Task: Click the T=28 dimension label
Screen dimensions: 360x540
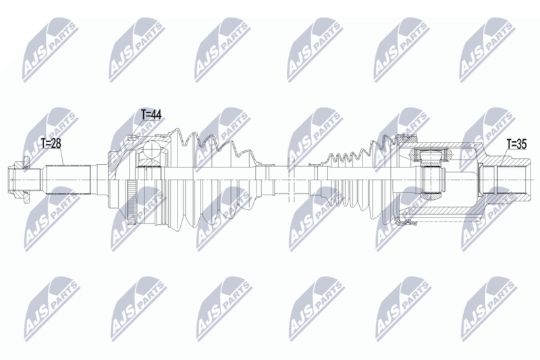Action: point(51,143)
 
